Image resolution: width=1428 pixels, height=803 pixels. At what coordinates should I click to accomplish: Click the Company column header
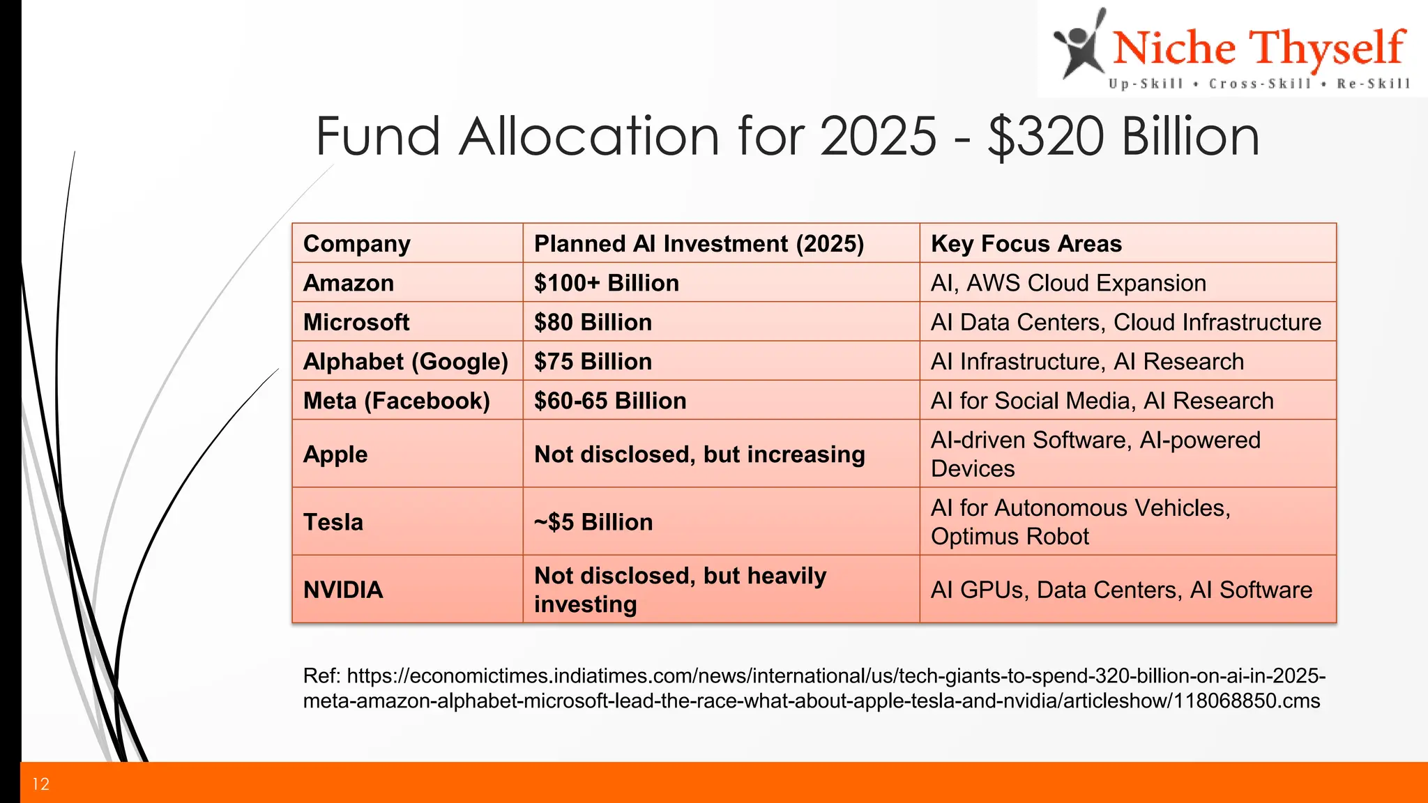[357, 244]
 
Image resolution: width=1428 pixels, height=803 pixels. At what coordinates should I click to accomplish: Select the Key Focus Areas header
[1026, 244]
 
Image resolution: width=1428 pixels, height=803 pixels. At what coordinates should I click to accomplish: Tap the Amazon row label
[349, 283]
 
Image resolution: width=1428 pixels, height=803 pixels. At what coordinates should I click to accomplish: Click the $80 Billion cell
[593, 322]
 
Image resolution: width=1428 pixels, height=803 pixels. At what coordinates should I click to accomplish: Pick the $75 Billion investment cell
[593, 362]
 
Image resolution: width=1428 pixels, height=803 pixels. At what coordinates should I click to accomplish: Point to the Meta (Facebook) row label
[397, 401]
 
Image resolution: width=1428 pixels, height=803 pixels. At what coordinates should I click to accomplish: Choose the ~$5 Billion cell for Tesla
[593, 522]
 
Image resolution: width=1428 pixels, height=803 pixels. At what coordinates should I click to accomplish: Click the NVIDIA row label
[343, 590]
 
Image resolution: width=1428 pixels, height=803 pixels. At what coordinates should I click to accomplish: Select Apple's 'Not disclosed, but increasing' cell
[699, 454]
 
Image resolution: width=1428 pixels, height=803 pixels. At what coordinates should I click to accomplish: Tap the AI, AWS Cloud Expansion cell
[1068, 283]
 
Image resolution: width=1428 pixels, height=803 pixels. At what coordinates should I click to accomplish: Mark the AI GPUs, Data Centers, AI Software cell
[1121, 590]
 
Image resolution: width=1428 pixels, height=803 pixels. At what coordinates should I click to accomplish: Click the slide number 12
[40, 784]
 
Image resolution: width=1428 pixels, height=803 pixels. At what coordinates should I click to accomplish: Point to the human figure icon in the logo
[1079, 45]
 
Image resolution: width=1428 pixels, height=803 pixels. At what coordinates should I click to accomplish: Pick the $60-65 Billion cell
[610, 401]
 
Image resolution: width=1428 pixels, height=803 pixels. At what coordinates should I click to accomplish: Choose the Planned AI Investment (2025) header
[699, 244]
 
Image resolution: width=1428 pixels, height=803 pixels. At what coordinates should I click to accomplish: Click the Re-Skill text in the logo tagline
[1373, 84]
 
